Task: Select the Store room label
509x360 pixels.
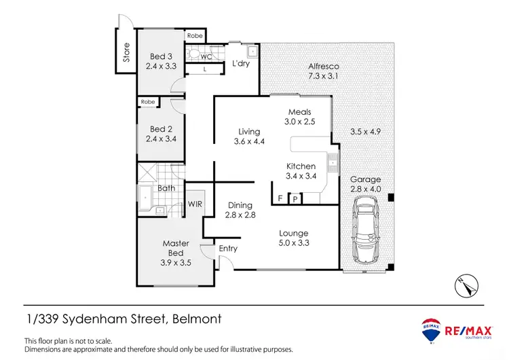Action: click(126, 54)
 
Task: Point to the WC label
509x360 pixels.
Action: click(206, 57)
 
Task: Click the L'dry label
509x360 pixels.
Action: click(242, 64)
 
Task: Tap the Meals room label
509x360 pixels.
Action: click(299, 112)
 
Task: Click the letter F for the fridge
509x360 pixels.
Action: click(280, 198)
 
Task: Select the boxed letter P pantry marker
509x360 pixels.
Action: click(295, 198)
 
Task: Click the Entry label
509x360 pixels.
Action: click(228, 249)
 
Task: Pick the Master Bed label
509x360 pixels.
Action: click(175, 243)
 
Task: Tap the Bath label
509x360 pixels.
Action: click(166, 188)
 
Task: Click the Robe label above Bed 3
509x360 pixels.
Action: click(195, 35)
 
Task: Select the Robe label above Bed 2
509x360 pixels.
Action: click(148, 102)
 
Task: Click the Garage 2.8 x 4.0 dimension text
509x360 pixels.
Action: click(365, 190)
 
